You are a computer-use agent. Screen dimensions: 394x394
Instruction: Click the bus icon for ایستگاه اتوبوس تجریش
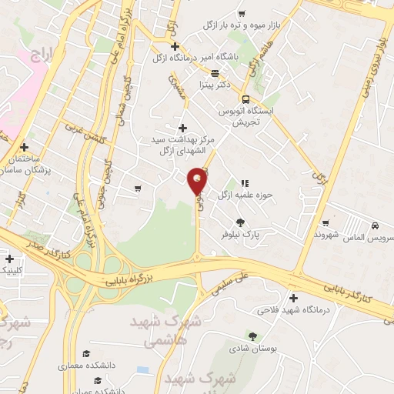click(x=245, y=99)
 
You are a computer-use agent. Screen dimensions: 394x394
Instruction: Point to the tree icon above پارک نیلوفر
click(x=242, y=222)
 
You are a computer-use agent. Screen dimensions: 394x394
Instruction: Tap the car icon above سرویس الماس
click(x=374, y=226)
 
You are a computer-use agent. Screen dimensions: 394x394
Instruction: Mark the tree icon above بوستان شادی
click(x=252, y=336)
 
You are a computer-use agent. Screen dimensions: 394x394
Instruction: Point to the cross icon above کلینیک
click(x=8, y=259)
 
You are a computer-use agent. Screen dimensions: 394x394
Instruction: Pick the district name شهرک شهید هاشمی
click(x=165, y=329)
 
